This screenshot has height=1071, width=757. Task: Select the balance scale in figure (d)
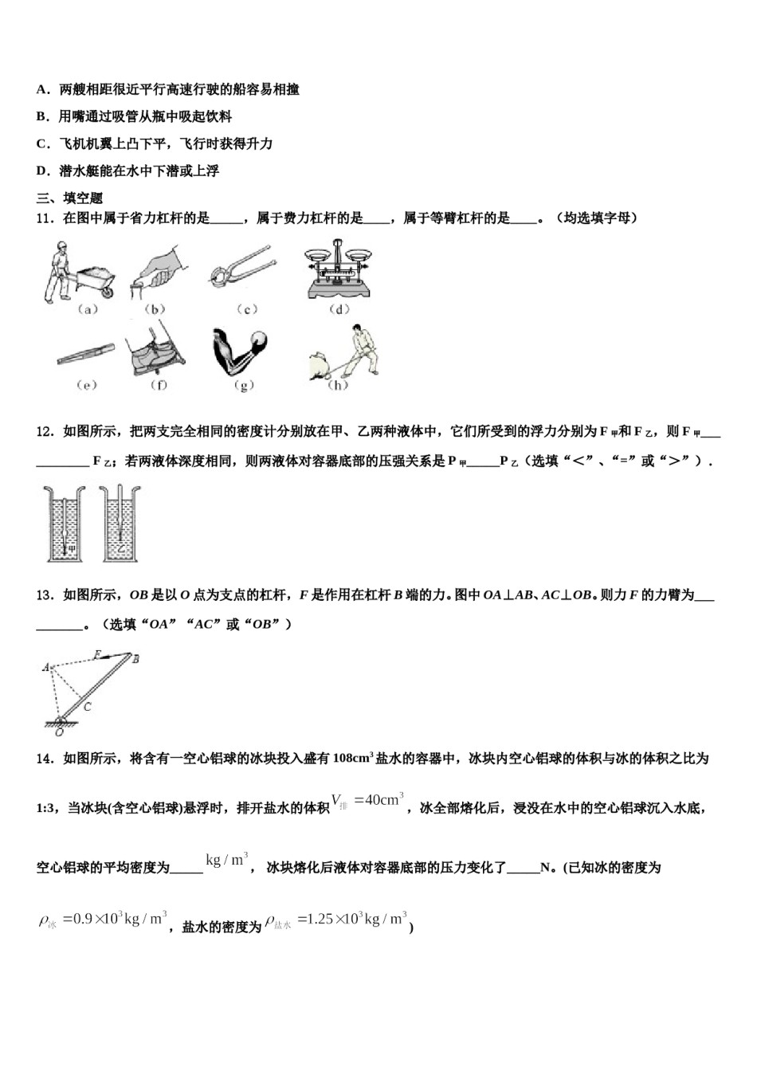[339, 271]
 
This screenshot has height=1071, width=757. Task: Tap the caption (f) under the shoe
[159, 385]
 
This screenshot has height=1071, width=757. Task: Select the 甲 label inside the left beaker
[71, 548]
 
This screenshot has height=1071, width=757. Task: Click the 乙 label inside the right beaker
[121, 548]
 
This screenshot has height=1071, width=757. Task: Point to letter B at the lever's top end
[136, 658]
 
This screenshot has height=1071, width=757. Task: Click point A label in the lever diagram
[45, 667]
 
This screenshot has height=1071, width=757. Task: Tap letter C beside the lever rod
[88, 706]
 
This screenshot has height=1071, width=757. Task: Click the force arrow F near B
[96, 655]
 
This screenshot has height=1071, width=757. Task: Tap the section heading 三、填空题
[70, 198]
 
